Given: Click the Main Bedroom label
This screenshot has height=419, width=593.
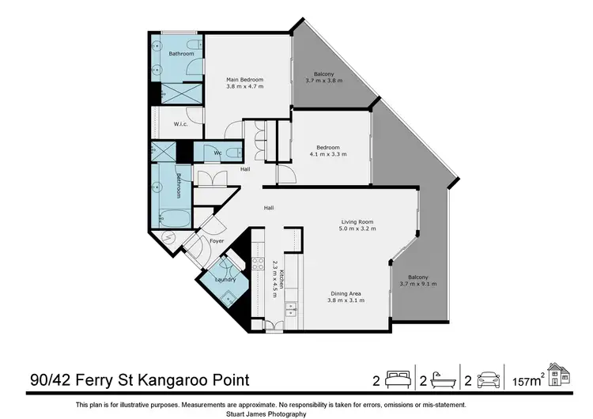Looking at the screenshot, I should tap(244, 80).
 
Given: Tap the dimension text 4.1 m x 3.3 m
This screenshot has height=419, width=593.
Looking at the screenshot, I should tap(328, 154).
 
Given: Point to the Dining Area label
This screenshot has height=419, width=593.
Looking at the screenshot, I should tap(345, 293).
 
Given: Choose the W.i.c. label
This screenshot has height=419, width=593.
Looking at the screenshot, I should tap(179, 124).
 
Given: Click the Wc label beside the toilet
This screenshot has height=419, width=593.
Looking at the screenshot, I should tap(217, 153).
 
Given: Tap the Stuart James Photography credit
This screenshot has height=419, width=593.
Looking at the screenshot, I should tap(296, 413).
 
